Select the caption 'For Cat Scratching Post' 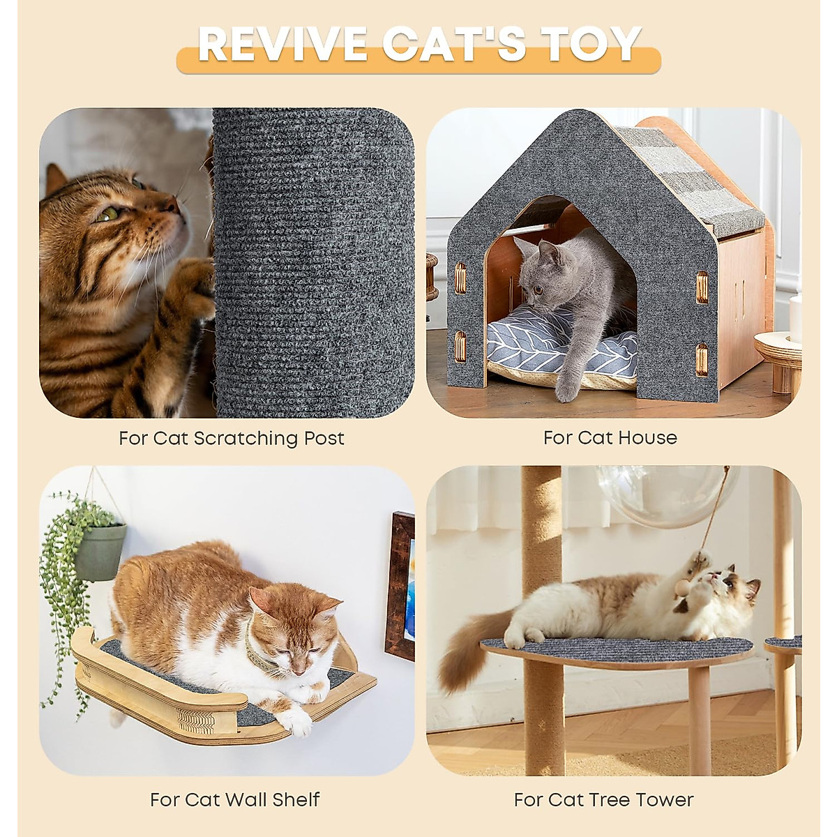click(x=232, y=438)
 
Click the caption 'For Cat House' click(x=610, y=438)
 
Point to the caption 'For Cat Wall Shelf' click(x=235, y=799)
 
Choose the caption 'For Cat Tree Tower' click(x=604, y=799)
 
